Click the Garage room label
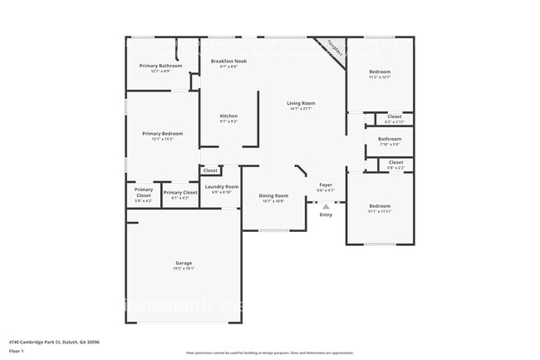(184, 262)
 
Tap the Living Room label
(299, 103)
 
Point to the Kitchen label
(228, 116)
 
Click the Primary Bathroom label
(160, 66)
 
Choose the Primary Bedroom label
(162, 134)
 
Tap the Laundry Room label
(222, 187)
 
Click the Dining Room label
(274, 195)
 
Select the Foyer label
(326, 185)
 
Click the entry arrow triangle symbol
(326, 205)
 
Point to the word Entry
(326, 215)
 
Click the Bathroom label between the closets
(390, 139)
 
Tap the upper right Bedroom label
(380, 72)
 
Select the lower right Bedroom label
(380, 205)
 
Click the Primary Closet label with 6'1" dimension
(180, 193)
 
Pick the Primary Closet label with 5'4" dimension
(144, 193)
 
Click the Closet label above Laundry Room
(210, 170)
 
